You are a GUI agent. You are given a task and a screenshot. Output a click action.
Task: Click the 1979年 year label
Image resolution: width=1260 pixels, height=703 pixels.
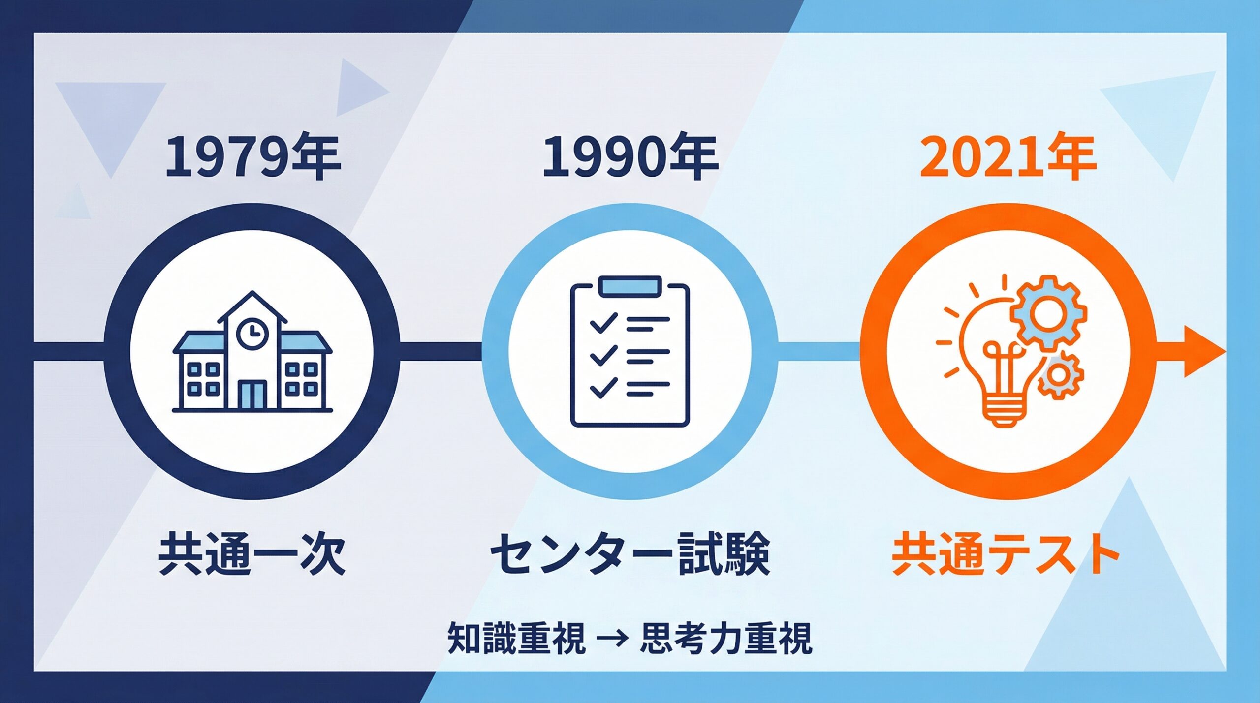[252, 157]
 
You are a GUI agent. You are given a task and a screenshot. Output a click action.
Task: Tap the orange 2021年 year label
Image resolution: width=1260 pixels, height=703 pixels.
[1007, 157]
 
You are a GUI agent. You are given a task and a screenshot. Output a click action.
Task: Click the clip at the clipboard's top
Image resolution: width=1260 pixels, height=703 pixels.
[630, 286]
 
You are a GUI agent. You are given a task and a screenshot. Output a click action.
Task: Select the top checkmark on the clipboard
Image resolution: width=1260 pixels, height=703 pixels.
[602, 322]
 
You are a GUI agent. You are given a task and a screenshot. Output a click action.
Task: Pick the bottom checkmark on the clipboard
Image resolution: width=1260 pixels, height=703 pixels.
[602, 387]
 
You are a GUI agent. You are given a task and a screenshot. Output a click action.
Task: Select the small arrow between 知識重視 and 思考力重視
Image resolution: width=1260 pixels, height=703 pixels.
[613, 638]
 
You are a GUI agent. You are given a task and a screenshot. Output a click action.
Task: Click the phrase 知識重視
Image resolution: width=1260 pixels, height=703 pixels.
[516, 638]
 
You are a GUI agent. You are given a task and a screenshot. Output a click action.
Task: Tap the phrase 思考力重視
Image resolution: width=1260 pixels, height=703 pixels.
[726, 638]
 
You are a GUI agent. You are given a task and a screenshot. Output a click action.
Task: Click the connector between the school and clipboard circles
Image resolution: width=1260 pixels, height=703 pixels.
[441, 351]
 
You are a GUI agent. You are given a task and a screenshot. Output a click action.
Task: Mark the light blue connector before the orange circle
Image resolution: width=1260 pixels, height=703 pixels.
[818, 351]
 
